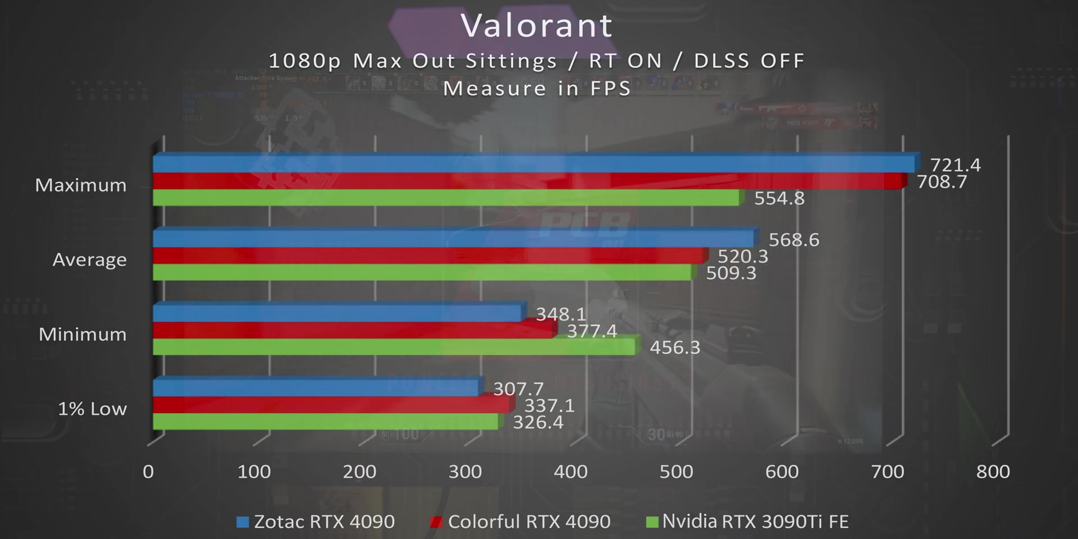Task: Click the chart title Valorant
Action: pyautogui.click(x=536, y=26)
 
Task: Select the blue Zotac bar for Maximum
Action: pyautogui.click(x=533, y=164)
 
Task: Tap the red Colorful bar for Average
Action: pyautogui.click(x=427, y=255)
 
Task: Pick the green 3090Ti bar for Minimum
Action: pyautogui.click(x=393, y=347)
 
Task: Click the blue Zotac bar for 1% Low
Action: pyautogui.click(x=314, y=387)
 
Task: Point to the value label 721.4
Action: pyautogui.click(x=955, y=165)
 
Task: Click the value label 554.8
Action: pyautogui.click(x=779, y=198)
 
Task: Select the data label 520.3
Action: pyautogui.click(x=742, y=257)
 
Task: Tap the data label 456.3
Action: pyautogui.click(x=674, y=348)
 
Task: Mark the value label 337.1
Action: pyautogui.click(x=549, y=405)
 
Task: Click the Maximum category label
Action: pyautogui.click(x=81, y=185)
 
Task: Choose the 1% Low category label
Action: pyautogui.click(x=92, y=409)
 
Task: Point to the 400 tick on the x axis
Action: pyautogui.click(x=570, y=472)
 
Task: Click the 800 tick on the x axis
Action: pyautogui.click(x=993, y=472)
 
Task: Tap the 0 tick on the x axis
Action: pyautogui.click(x=148, y=472)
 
